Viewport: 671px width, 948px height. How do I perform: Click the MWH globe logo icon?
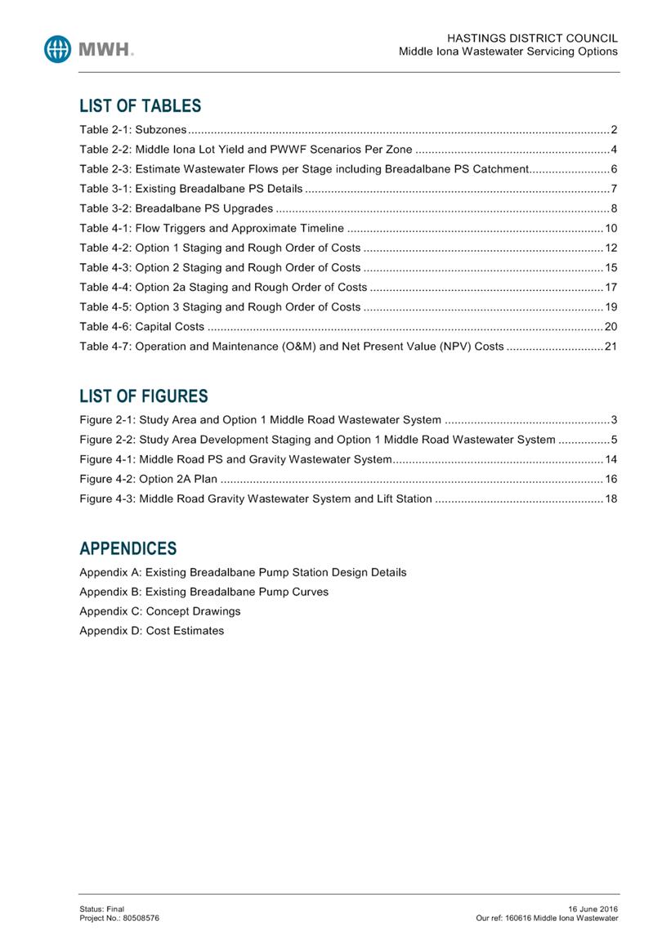[60, 49]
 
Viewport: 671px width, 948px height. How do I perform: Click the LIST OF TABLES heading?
[140, 106]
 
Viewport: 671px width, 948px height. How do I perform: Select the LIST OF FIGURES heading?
[143, 396]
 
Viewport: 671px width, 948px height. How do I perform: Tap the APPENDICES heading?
[127, 548]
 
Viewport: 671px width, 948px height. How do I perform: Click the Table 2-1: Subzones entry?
[133, 130]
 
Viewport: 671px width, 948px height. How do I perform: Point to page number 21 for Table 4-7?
[611, 347]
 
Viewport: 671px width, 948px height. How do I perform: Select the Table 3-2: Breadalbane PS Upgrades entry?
[176, 208]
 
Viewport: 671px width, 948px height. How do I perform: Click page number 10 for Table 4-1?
[611, 228]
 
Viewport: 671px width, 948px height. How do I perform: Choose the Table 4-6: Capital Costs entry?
[141, 327]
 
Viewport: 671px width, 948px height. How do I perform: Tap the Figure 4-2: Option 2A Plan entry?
[148, 479]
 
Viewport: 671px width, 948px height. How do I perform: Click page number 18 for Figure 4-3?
[611, 499]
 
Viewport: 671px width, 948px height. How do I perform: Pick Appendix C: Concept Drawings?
[159, 611]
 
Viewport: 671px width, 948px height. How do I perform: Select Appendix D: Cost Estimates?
[151, 631]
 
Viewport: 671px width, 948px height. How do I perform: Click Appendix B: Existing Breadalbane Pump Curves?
[204, 592]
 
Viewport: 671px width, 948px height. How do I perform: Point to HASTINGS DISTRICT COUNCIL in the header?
[532, 38]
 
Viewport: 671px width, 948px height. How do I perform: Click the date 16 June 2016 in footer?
[593, 909]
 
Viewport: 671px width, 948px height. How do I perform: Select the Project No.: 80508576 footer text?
[119, 918]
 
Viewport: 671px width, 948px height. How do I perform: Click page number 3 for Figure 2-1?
[614, 421]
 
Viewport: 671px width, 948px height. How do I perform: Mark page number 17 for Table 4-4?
[611, 288]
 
